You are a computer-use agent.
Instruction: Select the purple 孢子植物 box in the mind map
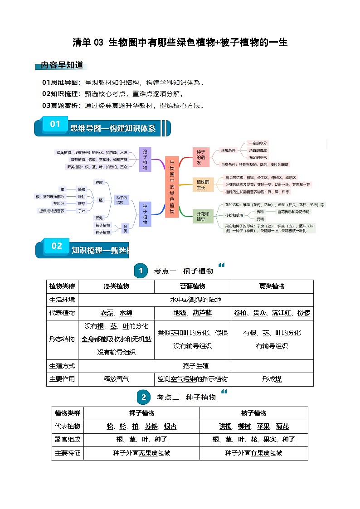(145, 159)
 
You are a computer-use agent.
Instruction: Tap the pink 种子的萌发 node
(199, 156)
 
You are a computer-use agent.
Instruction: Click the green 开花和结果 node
(202, 216)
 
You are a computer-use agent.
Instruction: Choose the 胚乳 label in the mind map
(99, 218)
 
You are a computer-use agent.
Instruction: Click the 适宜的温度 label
(258, 150)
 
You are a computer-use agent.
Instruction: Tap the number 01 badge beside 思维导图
(55, 124)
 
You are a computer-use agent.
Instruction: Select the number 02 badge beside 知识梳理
(56, 246)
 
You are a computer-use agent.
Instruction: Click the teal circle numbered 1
(141, 271)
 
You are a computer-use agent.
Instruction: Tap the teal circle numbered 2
(143, 398)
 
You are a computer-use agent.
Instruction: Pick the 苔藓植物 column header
(192, 286)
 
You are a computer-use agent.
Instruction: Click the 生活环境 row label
(63, 300)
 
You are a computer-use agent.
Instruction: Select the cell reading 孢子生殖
(195, 366)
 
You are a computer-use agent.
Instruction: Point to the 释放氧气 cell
(117, 379)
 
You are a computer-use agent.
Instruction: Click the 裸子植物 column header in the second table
(141, 413)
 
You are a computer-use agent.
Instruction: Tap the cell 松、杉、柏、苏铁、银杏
(141, 426)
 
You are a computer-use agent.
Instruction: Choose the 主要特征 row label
(68, 452)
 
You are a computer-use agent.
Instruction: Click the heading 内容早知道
(62, 65)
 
